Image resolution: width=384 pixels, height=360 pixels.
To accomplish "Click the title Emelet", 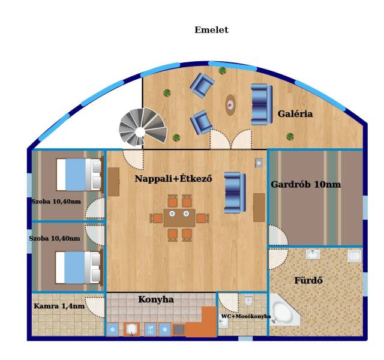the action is coord(211,30).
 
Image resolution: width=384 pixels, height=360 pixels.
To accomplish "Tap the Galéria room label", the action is coord(295,114).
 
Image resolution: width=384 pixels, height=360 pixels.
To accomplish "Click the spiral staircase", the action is coord(143,127).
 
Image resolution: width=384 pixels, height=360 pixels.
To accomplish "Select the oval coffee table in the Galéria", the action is coord(230,105).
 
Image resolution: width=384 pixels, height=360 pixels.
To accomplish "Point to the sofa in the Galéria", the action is coord(262,104).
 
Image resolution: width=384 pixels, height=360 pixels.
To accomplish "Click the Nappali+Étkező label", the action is coord(173,179).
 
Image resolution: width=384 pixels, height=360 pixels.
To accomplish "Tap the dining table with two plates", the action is coord(179,218).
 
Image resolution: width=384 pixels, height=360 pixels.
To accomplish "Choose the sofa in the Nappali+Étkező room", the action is coord(235,193).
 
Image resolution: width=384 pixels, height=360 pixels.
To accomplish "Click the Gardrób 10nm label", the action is coord(305,184).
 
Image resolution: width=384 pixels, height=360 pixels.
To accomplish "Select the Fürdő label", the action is coord(308,280).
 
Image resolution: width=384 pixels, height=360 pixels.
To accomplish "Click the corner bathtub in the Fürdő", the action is coord(284,310).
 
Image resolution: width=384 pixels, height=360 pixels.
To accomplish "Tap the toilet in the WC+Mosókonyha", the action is coord(248,300).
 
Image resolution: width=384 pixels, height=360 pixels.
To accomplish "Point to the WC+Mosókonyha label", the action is coord(246,316).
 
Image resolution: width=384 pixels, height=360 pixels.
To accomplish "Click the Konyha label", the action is coord(156,299).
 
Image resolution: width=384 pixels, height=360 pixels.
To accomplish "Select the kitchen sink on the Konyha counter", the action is coord(132,329).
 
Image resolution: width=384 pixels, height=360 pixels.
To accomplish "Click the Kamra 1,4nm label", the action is coord(59,306).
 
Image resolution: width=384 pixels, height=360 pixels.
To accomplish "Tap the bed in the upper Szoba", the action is coord(79,175).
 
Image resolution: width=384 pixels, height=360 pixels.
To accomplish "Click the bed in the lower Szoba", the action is coord(79,268).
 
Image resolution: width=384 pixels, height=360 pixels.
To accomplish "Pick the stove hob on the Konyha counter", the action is coord(179,330).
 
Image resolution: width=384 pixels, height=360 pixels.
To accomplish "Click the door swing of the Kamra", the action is coord(95,307).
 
